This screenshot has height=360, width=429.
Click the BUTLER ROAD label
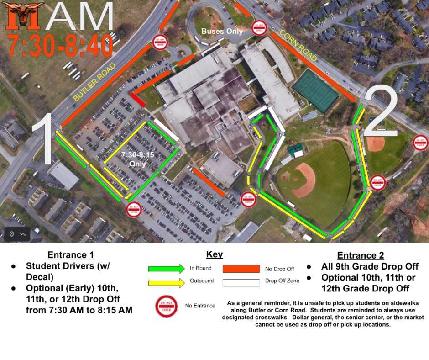point(94,83)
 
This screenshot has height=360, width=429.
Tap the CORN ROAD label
point(298,46)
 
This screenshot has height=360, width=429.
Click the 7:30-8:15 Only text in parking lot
point(137,159)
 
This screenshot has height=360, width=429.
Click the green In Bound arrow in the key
point(166,269)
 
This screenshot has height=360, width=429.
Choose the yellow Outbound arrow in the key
point(166,282)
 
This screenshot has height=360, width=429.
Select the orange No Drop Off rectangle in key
point(241,269)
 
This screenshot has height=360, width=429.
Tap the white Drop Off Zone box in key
point(241,282)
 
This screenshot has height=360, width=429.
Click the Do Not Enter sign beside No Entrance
point(166,306)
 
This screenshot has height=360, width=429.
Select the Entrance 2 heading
point(361,255)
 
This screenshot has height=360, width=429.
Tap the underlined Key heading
point(214,255)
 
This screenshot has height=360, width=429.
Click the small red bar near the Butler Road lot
point(138,100)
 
